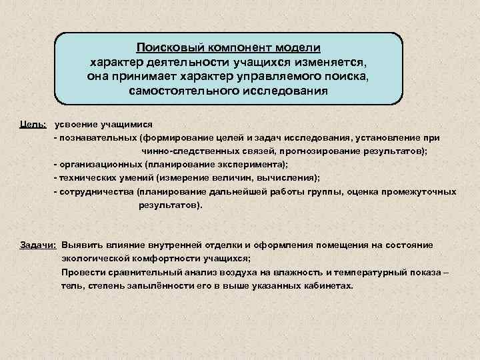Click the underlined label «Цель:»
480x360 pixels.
coord(33,125)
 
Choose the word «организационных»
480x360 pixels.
coord(97,164)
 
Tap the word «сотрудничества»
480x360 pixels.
coord(95,191)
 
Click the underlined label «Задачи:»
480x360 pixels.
coord(38,245)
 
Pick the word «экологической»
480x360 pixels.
coord(94,259)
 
